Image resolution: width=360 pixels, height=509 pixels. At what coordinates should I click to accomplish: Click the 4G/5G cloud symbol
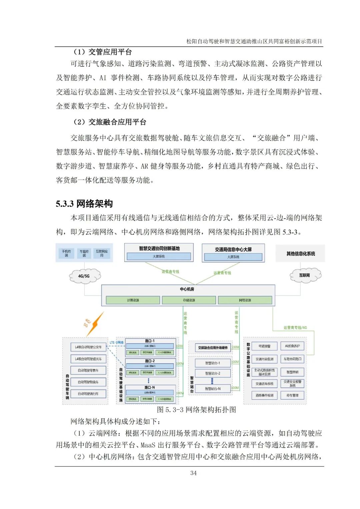84,276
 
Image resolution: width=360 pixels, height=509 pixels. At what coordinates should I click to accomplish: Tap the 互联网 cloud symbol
305,275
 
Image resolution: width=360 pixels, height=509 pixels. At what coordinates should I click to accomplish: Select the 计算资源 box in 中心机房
133,300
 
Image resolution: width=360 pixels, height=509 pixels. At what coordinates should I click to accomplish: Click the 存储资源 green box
189,300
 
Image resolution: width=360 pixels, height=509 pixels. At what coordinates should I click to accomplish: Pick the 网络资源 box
245,300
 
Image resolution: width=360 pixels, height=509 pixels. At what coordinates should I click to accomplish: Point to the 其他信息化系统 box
301,253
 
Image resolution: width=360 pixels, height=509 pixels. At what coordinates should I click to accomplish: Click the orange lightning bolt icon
96,323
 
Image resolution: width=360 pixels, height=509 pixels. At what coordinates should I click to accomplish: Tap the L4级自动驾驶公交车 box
88,347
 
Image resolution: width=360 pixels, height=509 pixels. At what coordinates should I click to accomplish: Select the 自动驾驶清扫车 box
88,394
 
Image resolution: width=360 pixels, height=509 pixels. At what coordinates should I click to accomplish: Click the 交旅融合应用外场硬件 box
213,348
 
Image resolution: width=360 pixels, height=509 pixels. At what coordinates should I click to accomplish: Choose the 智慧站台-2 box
213,373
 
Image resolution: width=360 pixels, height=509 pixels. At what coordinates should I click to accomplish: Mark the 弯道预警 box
264,346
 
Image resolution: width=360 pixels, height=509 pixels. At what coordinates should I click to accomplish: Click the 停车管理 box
292,395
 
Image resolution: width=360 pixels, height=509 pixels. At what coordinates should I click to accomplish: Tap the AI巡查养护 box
292,346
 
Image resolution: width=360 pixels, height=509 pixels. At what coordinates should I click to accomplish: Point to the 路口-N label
150,387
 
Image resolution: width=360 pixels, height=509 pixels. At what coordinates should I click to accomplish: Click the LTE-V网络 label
117,343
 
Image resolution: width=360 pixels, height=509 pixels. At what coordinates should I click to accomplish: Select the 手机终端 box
66,253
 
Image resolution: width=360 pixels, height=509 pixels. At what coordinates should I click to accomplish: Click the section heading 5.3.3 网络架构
84,203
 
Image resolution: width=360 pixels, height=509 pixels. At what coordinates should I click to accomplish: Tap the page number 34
193,473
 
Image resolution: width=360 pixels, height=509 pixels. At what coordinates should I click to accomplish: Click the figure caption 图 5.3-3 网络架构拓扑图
196,410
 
